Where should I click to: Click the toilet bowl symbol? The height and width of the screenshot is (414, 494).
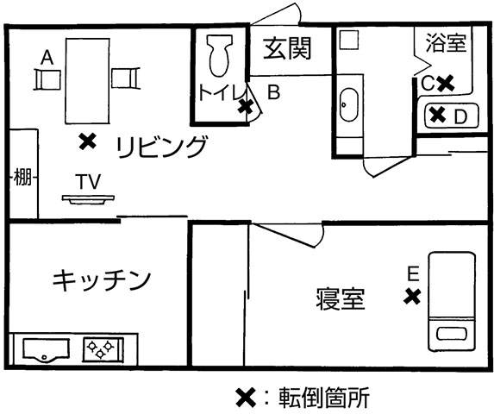coord(220,55)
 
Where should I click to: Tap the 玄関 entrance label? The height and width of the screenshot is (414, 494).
coord(287,48)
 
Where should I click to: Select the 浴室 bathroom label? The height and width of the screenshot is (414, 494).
coord(446,42)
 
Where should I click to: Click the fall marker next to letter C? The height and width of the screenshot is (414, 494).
coord(446,83)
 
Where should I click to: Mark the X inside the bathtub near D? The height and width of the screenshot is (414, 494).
coord(438,115)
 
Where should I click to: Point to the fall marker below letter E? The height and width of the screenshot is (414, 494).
coord(412,297)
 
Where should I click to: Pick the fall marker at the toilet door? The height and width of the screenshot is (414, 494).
coord(246,107)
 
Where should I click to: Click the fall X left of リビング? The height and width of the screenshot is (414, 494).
coord(88,141)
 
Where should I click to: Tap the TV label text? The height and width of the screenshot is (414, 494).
coord(88,181)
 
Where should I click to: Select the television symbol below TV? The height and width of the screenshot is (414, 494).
coord(88,199)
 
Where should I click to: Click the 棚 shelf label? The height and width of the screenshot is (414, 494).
coord(22,177)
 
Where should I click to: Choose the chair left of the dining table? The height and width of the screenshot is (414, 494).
coord(47,80)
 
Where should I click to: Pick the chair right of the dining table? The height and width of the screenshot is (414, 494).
coord(126,78)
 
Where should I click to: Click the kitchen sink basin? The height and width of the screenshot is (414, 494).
coord(47,350)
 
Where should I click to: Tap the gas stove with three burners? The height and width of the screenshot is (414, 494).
coord(103,349)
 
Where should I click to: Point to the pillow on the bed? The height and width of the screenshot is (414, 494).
coord(452,334)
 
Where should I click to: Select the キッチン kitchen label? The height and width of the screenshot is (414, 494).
coord(102,279)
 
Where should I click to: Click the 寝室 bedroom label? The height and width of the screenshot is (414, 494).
coord(341,298)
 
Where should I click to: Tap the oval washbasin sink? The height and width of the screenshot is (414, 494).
coord(349,104)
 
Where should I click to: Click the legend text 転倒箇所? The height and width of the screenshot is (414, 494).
coord(324,398)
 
